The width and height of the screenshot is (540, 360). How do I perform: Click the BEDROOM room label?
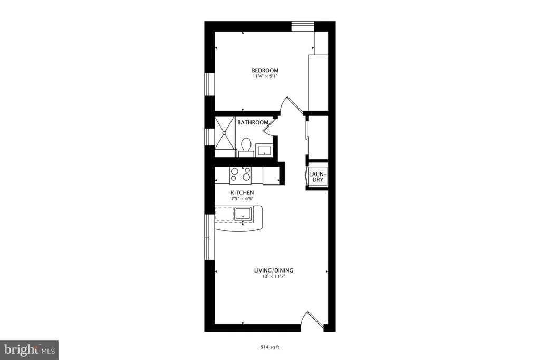265,70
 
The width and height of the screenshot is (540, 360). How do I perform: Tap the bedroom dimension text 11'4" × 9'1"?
265,76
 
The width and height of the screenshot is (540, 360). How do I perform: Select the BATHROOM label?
253,122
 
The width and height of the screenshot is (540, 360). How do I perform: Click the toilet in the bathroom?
246,147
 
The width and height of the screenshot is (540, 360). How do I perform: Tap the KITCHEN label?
242,193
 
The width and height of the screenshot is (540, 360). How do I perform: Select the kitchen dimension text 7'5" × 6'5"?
242,199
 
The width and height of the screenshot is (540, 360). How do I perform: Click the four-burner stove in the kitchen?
240,174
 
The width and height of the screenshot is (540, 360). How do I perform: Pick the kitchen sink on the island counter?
243,213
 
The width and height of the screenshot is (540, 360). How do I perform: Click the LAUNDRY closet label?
317,177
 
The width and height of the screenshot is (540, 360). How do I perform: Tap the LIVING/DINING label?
274,270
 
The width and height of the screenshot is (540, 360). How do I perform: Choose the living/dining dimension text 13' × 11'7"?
274,276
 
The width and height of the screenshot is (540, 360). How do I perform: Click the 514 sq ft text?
269,347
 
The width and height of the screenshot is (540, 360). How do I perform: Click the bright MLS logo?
30,350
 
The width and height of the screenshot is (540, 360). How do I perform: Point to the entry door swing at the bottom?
313,321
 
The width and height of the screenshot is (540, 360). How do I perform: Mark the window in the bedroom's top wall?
303,26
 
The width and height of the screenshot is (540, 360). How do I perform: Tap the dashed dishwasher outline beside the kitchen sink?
224,213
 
